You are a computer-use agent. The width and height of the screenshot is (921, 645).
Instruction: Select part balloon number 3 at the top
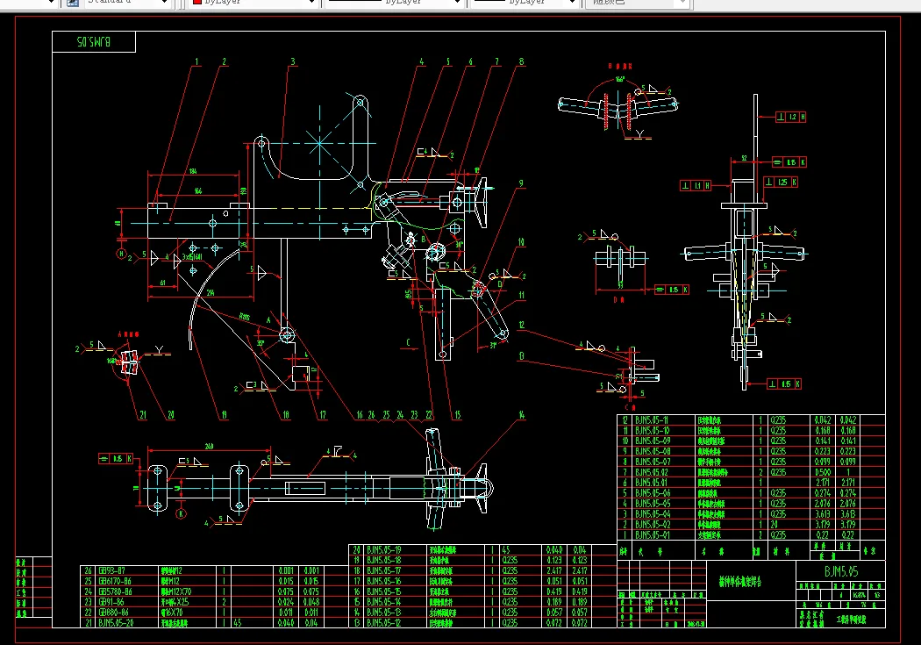[x=293, y=61]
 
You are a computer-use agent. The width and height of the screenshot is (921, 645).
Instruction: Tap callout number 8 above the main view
[x=521, y=61]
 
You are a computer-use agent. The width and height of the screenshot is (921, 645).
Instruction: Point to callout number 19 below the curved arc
[x=224, y=414]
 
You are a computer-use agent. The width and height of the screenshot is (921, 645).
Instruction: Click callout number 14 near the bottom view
[x=521, y=414]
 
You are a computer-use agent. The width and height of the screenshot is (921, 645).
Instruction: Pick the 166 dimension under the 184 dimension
[x=196, y=190]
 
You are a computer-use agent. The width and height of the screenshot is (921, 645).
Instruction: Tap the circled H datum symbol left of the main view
[x=121, y=254]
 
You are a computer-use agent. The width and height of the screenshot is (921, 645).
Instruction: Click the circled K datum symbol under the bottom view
[x=182, y=513]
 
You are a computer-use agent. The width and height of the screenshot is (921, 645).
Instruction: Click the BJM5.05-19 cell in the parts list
[x=383, y=549]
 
